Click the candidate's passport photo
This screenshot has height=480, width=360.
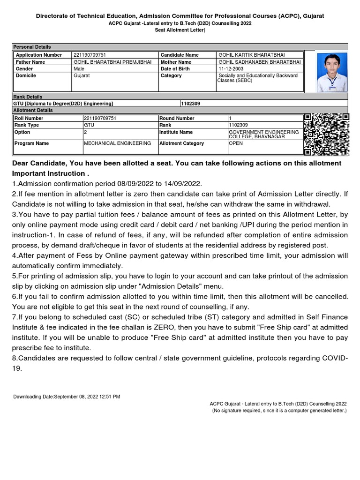pos(332,72)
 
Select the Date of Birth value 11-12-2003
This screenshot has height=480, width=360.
pos(229,69)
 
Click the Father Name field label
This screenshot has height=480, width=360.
pos(30,62)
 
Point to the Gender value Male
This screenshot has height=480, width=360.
pos(79,69)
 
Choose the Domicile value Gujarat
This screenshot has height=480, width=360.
pos(82,75)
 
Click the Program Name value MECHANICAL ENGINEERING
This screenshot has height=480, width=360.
pos(117,143)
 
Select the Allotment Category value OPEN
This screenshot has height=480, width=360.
pos(236,143)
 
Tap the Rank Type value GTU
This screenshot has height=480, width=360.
pos(89,125)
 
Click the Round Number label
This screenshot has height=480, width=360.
pos(177,119)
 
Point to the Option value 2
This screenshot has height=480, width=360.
pos(86,132)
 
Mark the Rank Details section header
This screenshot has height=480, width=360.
pos(28,97)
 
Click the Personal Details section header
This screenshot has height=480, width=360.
pos(32,47)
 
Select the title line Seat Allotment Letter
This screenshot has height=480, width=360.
pos(180,30)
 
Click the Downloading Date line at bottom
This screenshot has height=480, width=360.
pos(67,397)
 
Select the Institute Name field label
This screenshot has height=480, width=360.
pos(176,132)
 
